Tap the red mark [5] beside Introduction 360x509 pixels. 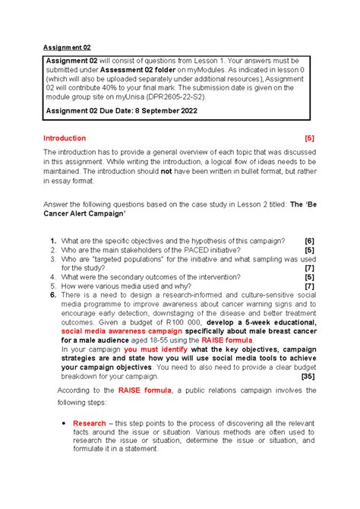click(308, 138)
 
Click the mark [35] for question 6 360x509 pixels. click(308, 376)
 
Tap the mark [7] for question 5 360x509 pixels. click(309, 286)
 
